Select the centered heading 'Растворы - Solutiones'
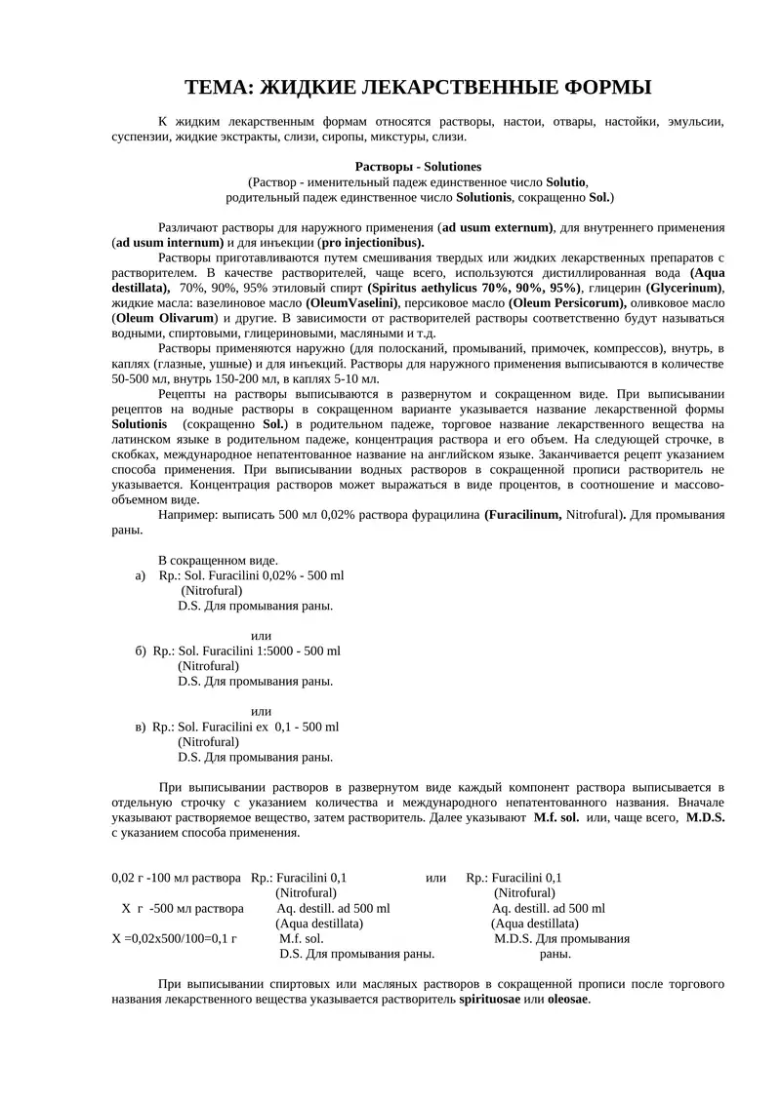click(418, 167)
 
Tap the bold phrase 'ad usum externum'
click(498, 227)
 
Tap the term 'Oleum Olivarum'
click(158, 318)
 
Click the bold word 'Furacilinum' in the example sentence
click(525, 514)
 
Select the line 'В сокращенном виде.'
click(218, 560)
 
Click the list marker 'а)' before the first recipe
click(141, 575)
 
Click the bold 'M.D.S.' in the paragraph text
click(705, 817)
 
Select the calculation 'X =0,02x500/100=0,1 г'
click(176, 938)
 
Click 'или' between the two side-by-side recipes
click(436, 878)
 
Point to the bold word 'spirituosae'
click(490, 999)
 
